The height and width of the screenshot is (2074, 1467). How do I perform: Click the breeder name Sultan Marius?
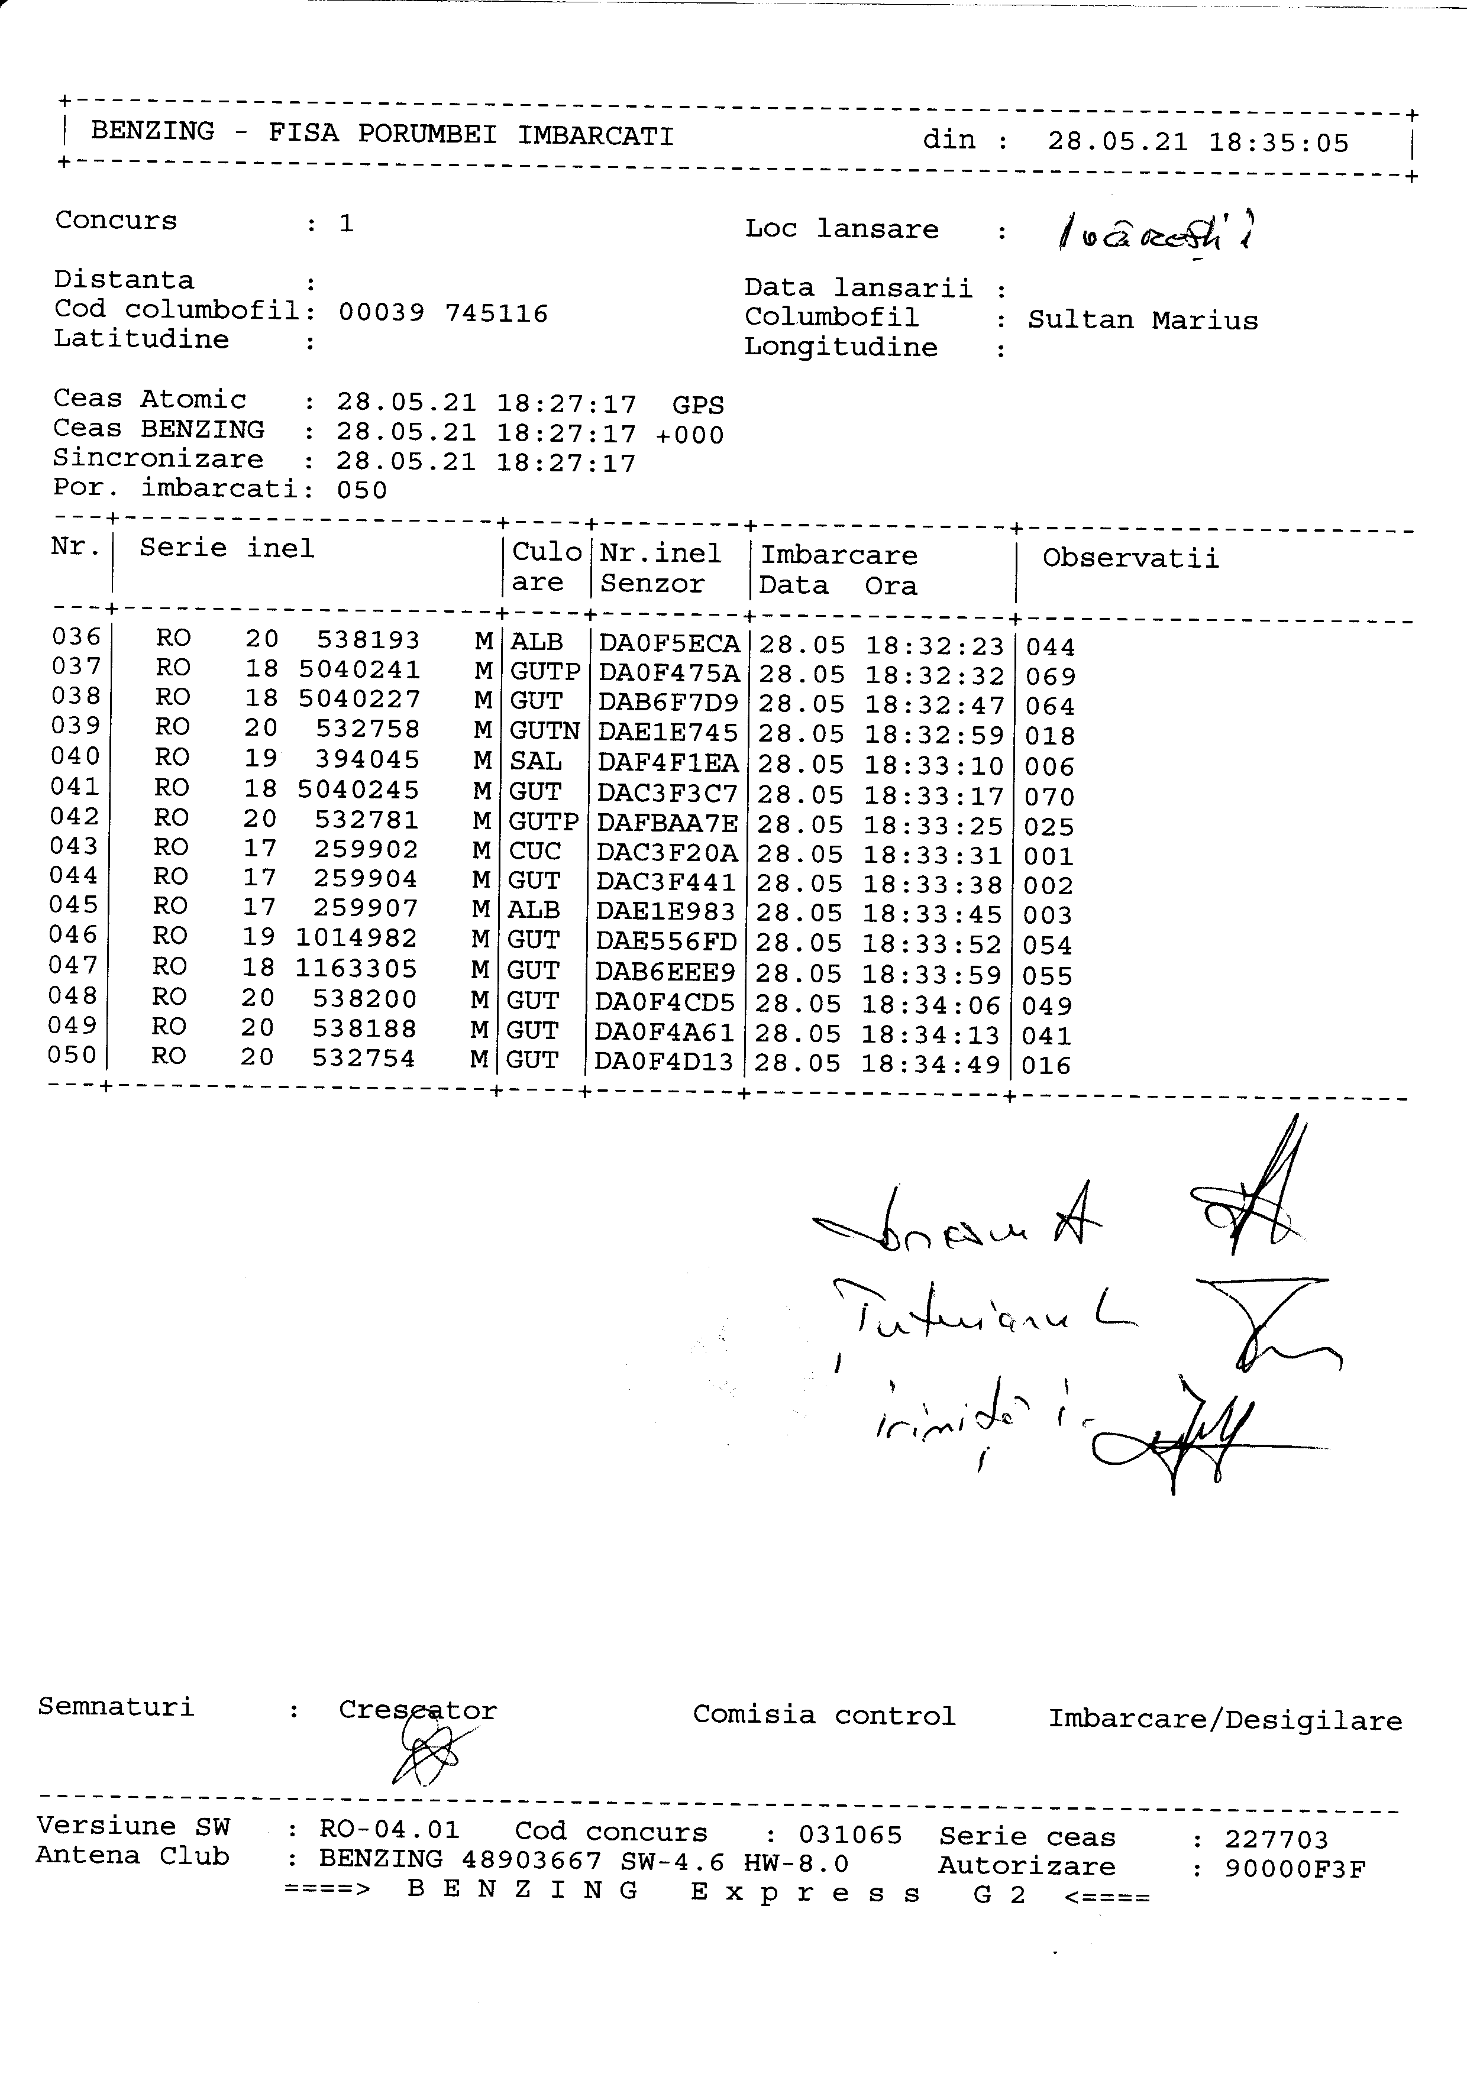[x=1143, y=321]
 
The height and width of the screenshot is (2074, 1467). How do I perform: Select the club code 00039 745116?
[x=442, y=313]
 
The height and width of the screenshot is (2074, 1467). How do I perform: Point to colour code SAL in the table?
[x=536, y=762]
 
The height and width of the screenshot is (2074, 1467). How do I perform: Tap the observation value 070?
[x=1049, y=797]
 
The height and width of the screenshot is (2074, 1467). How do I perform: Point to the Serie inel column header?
[x=227, y=548]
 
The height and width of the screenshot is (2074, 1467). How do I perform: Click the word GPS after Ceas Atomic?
[x=697, y=406]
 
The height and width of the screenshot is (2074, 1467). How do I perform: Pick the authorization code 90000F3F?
[x=1294, y=1868]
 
